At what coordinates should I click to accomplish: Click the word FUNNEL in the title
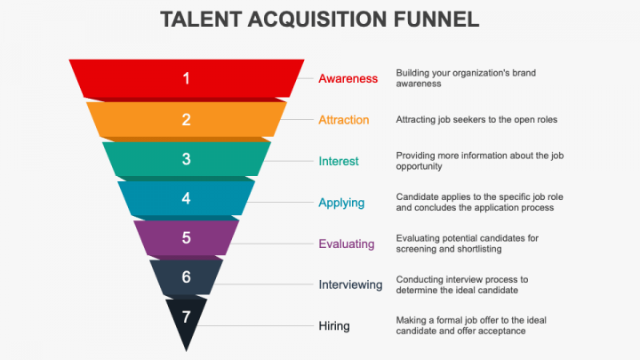pos(436,20)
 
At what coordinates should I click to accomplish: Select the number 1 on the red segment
pos(186,78)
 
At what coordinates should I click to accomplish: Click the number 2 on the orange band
pos(186,120)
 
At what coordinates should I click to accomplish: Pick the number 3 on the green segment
pos(186,159)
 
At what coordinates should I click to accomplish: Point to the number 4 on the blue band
pos(186,198)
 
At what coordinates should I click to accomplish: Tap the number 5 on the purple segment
pos(186,238)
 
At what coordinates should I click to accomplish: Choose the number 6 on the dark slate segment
pos(186,277)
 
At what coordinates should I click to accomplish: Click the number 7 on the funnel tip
pos(186,316)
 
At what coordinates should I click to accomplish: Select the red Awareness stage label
pos(348,78)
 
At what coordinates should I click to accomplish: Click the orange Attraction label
pos(344,120)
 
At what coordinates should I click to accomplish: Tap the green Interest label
pos(339,161)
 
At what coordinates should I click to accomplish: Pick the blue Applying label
pos(341,203)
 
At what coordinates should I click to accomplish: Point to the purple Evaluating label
pos(346,244)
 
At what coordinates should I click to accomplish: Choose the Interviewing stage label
pos(350,284)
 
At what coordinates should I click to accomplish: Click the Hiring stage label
pos(334,325)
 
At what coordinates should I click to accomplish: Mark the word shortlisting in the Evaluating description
pos(478,249)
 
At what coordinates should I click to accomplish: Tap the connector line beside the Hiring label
pos(254,325)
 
